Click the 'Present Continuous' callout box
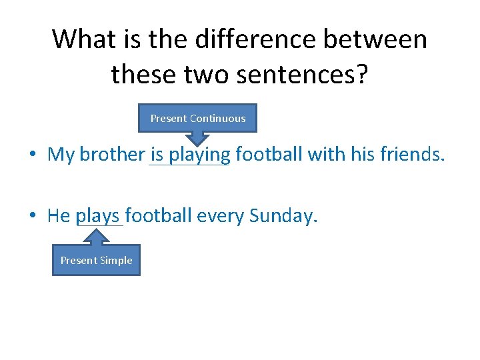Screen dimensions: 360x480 197,118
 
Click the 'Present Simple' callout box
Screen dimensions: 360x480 96,260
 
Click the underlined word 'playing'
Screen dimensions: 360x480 199,155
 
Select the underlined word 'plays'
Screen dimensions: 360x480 98,216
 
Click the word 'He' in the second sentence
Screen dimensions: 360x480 59,216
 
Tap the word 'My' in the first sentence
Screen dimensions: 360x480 61,155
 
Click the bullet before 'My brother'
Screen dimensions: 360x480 33,155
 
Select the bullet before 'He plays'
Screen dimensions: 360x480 33,216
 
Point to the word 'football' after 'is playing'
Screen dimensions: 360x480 269,155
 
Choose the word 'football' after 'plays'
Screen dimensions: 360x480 157,216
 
